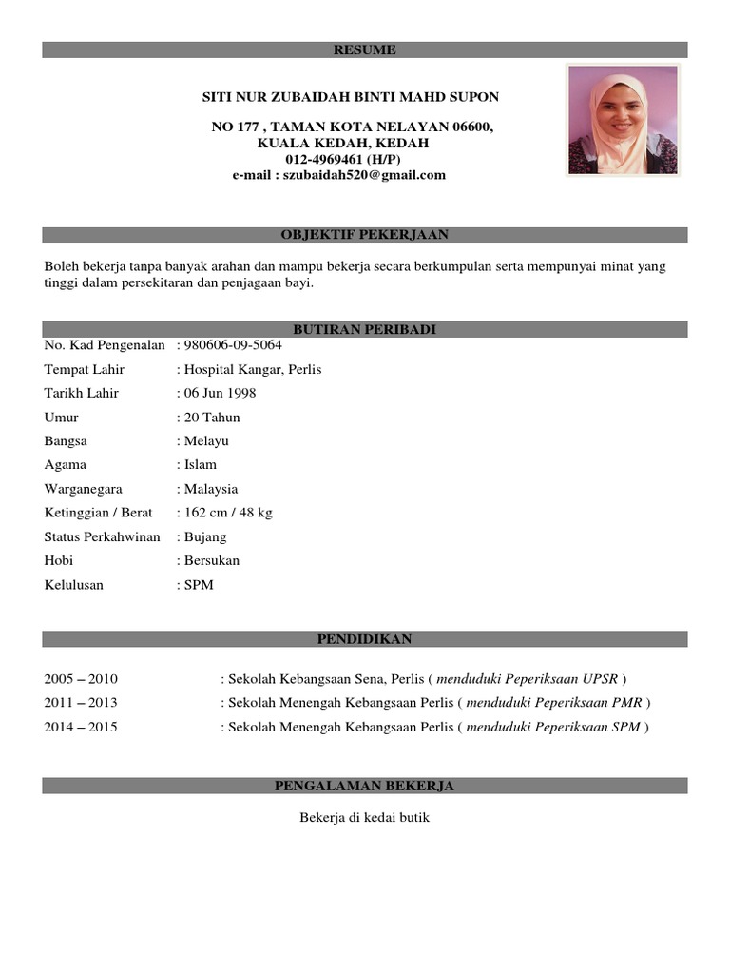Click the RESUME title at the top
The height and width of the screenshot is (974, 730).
[x=364, y=49]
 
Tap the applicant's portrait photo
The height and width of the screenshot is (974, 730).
[x=623, y=120]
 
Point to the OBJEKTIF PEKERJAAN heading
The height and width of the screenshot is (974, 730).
[x=364, y=234]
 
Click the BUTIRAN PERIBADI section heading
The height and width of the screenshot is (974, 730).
[x=364, y=329]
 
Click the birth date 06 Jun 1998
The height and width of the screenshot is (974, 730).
[x=220, y=393]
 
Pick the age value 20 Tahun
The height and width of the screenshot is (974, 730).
[x=212, y=417]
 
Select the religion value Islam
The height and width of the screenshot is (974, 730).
[x=201, y=464]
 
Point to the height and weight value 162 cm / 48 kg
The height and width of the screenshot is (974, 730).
[x=228, y=513]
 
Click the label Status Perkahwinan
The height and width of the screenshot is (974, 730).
[x=103, y=536]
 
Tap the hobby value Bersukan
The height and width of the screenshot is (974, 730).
[x=212, y=560]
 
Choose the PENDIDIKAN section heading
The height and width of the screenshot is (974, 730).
[x=364, y=639]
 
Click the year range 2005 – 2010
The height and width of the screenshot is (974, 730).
[x=81, y=679]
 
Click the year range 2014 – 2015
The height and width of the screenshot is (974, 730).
[x=81, y=728]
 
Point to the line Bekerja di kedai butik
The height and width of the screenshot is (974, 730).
[x=365, y=817]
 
